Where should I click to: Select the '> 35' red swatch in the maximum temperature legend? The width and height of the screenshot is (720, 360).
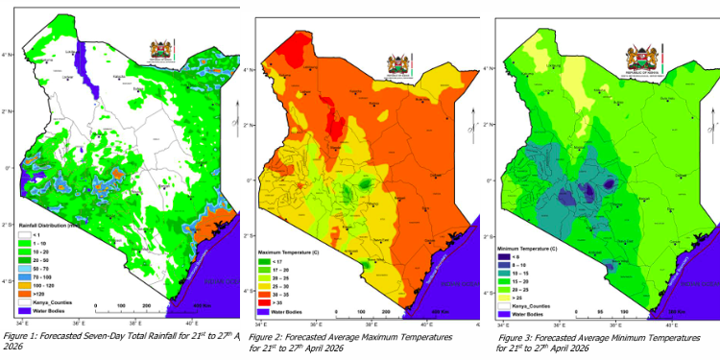[x=265, y=302]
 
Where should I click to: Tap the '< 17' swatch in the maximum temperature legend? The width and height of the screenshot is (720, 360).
[x=265, y=259]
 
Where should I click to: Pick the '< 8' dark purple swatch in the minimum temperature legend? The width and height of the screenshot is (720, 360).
[x=503, y=257]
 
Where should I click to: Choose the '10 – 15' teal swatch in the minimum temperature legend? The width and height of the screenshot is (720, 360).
[x=503, y=275]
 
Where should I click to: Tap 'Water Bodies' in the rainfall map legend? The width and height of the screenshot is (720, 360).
[x=42, y=311]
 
